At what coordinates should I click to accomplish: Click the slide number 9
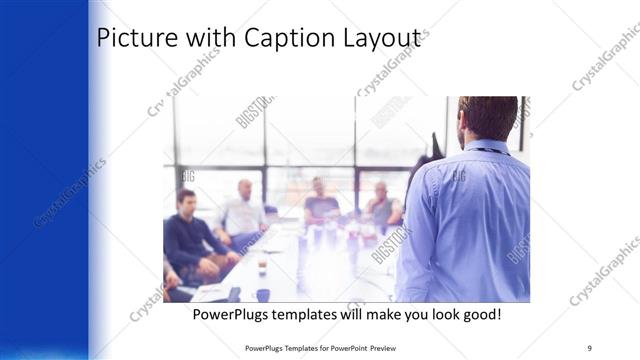pyautogui.click(x=590, y=347)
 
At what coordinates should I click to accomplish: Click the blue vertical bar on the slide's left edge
pyautogui.click(x=45, y=180)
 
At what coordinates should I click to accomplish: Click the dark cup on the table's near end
pyautogui.click(x=263, y=294)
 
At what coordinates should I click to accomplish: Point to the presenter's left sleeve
pyautogui.click(x=420, y=230)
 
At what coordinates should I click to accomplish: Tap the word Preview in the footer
pyautogui.click(x=369, y=347)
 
